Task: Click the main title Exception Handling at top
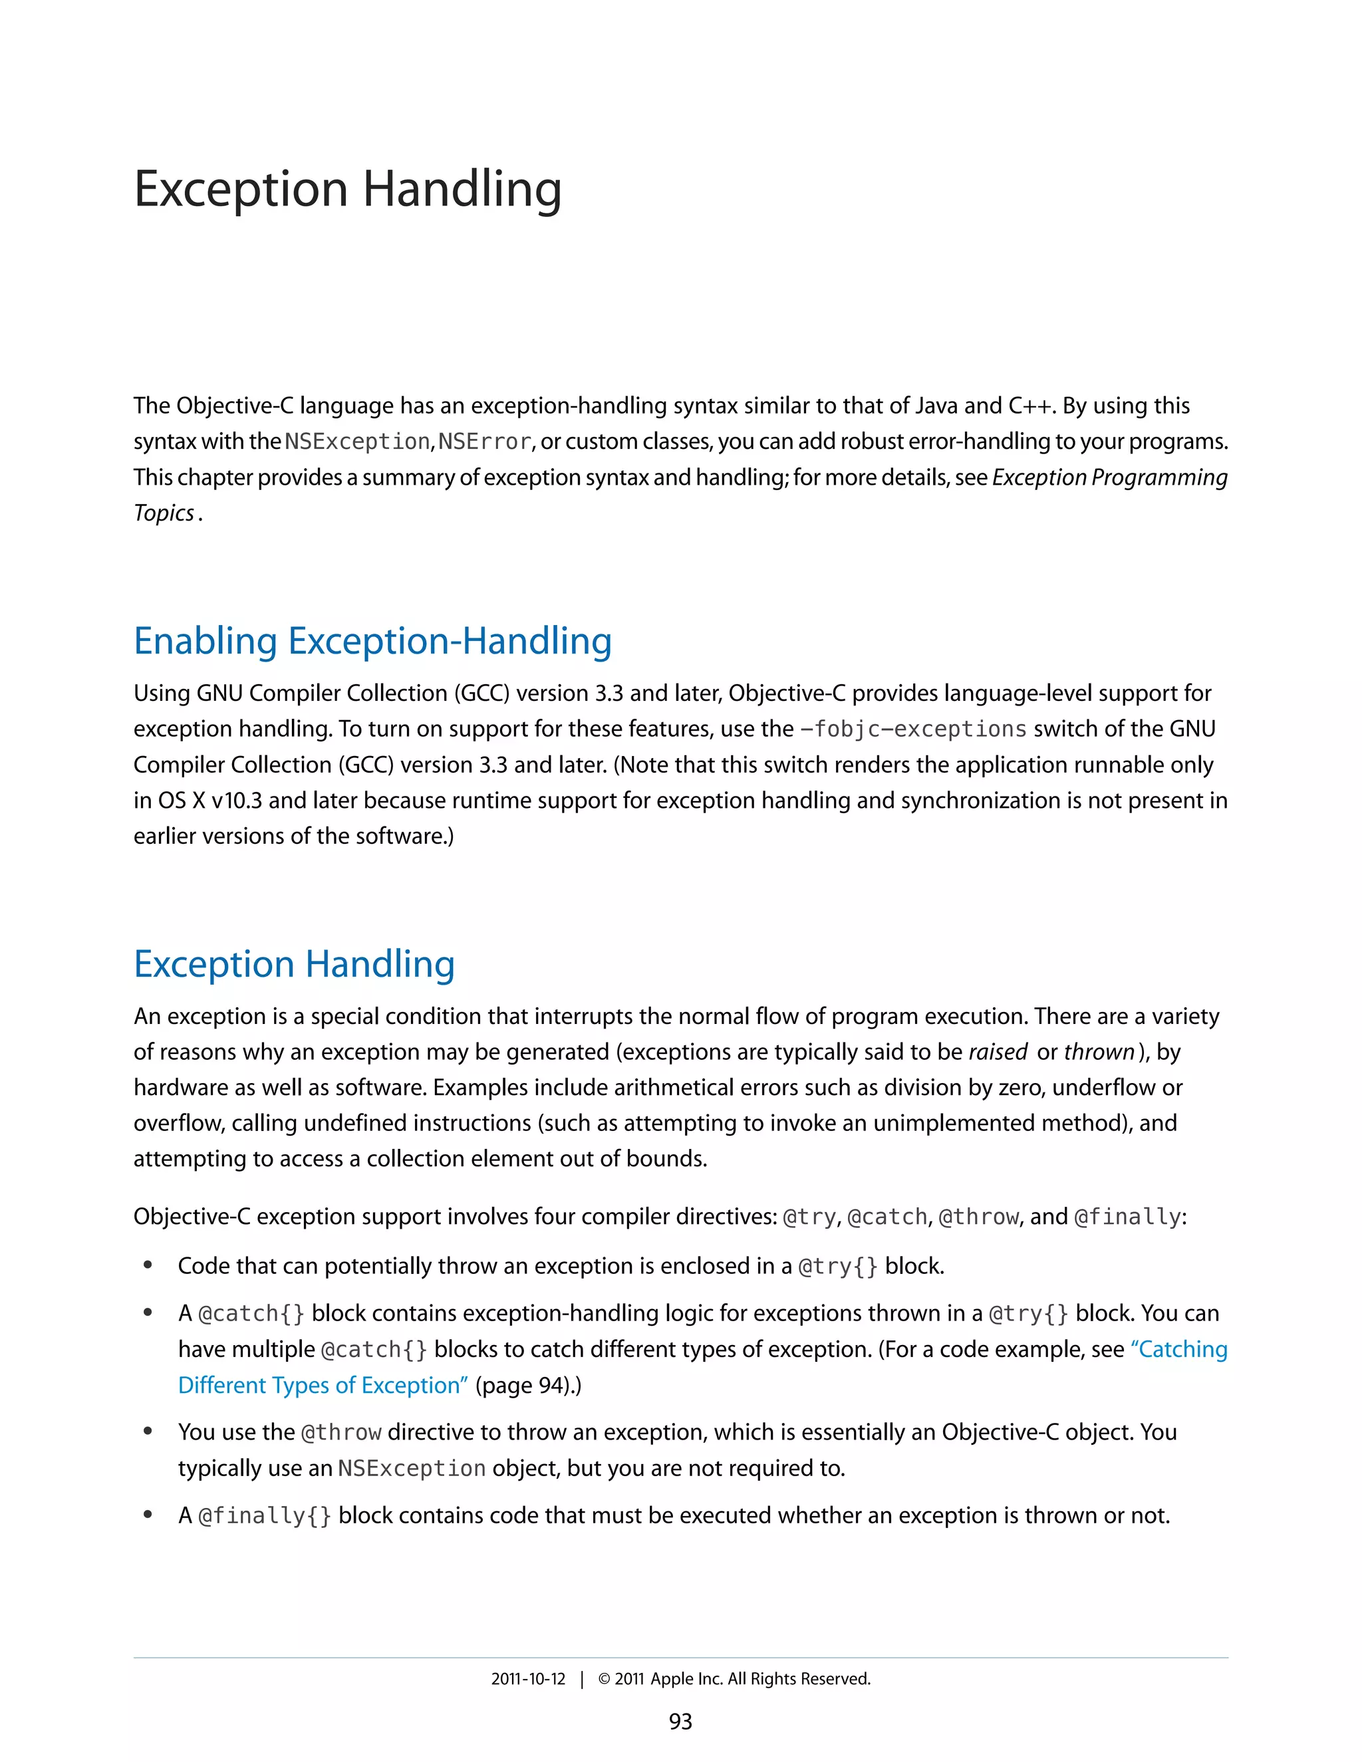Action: (347, 190)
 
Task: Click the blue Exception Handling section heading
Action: (294, 964)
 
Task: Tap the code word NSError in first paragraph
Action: (484, 442)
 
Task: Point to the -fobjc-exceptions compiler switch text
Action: (912, 729)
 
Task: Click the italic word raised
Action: (998, 1052)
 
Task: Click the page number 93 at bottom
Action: (680, 1721)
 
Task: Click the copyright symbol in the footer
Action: (604, 1679)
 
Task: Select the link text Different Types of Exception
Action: (323, 1385)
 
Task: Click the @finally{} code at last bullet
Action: (265, 1516)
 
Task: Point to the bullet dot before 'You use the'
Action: (148, 1432)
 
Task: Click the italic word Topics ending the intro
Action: (164, 513)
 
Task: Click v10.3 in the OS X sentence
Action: (235, 801)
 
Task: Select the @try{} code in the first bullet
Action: (837, 1266)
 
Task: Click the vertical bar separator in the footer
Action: (581, 1679)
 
